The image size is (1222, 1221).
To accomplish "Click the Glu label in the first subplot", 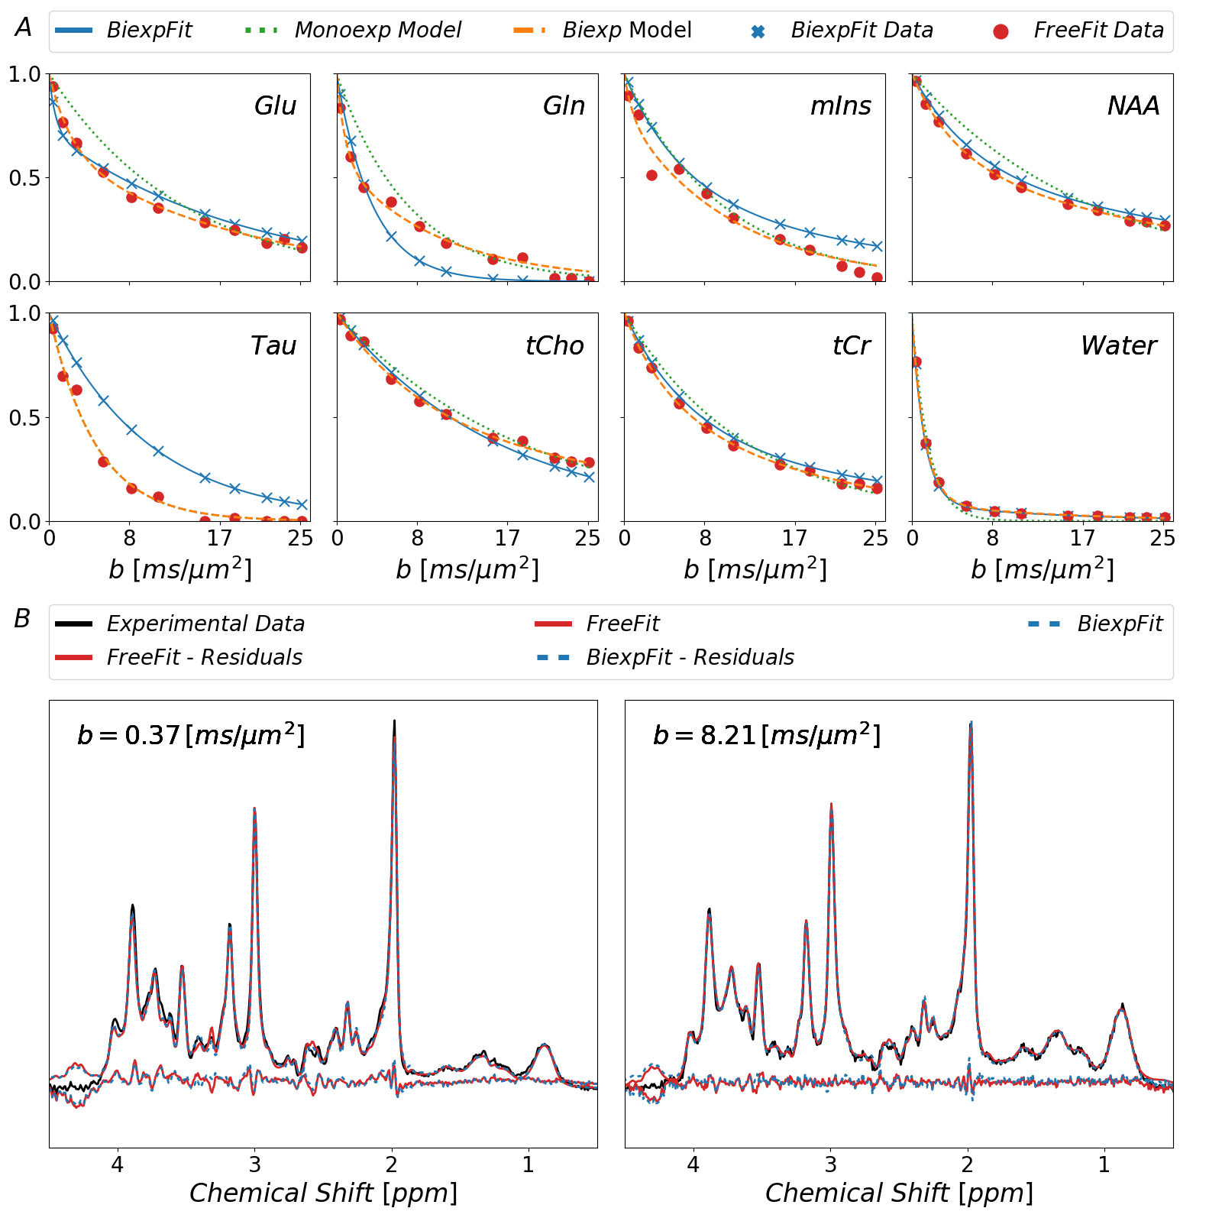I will pos(275,105).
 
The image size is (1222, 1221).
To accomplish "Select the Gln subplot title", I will pos(564,105).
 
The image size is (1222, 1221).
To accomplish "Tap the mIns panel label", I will pos(840,105).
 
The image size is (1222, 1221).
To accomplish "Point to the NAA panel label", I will pos(1133,105).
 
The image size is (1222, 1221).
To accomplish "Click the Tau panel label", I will pos(273,345).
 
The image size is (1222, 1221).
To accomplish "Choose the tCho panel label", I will pos(554,345).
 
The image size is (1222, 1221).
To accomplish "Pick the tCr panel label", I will pos(851,345).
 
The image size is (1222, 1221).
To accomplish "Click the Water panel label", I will pos(1119,345).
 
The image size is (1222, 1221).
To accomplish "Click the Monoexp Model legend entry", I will pos(377,31).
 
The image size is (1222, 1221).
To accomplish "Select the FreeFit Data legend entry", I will pos(1098,31).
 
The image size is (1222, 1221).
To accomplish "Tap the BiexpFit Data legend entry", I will pos(862,31).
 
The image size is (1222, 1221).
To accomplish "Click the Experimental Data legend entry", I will pos(205,624).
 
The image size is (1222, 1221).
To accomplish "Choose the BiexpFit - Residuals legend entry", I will pos(690,658).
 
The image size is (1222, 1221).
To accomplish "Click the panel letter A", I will pos(24,28).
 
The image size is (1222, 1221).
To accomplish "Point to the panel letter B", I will pos(22,619).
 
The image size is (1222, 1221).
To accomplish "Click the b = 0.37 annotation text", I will pos(191,735).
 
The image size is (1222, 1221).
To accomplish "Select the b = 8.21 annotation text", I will pos(767,735).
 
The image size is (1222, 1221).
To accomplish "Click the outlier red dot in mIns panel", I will pos(651,176).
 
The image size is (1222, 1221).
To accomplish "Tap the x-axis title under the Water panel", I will pos(1043,569).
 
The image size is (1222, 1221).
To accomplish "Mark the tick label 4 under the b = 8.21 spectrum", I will pos(693,1164).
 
